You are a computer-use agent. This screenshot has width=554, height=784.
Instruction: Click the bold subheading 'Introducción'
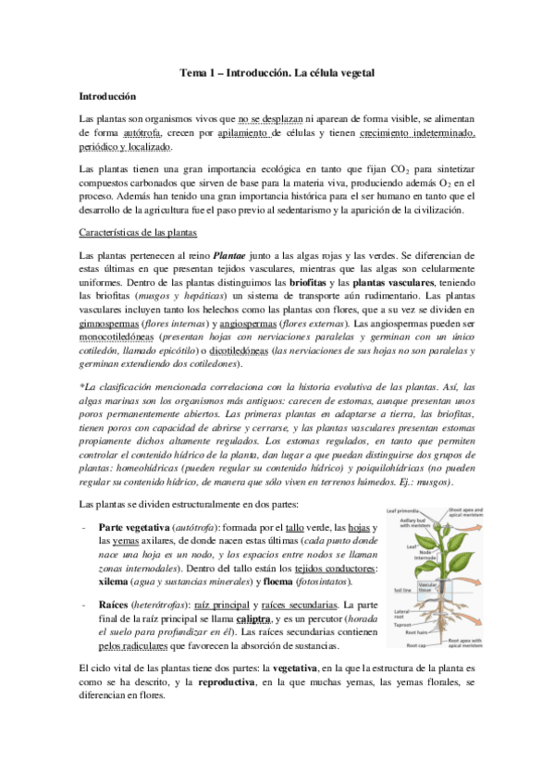pos(107,95)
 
